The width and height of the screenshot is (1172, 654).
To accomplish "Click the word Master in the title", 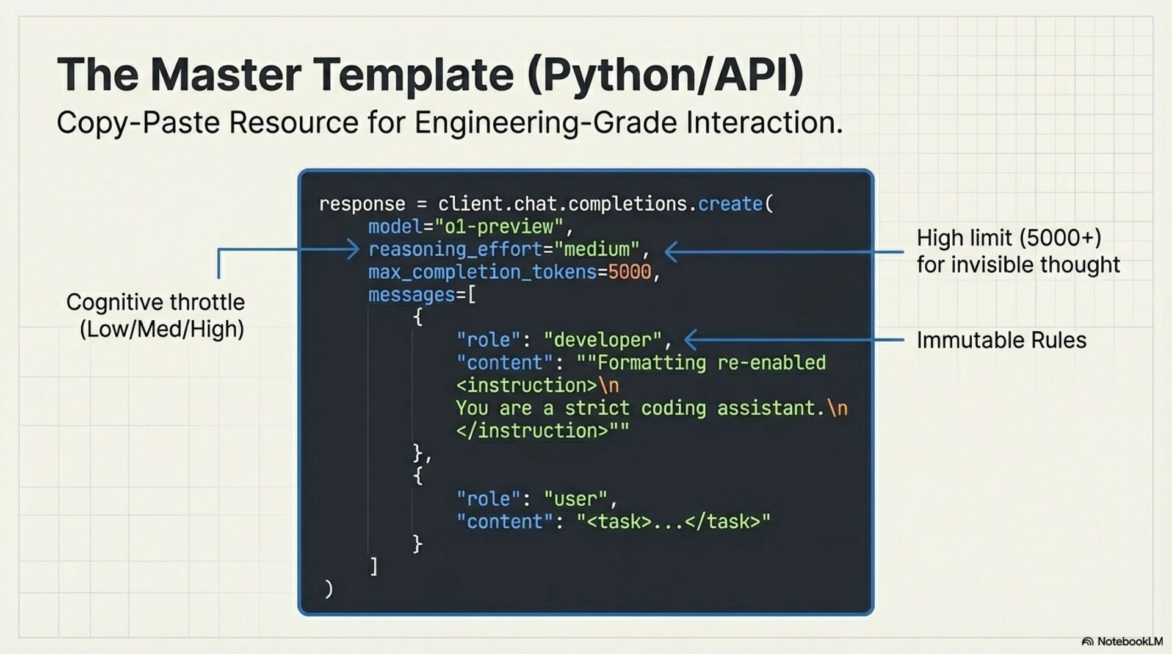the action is click(x=225, y=74).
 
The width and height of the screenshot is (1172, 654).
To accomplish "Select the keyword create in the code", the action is click(x=730, y=204).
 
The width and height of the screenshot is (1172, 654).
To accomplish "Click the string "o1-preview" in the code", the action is click(x=499, y=227).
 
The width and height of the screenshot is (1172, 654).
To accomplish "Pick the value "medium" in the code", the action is click(x=596, y=250).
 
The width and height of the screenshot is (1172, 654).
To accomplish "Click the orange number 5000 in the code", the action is click(x=629, y=272).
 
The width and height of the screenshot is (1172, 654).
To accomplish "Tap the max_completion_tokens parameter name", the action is click(x=482, y=272).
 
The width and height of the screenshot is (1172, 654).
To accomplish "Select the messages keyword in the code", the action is click(x=412, y=295).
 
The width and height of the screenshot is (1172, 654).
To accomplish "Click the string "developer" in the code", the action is click(x=602, y=340).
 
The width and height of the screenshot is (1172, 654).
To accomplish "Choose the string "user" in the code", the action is click(x=575, y=499).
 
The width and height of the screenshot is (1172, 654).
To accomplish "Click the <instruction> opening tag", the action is click(x=526, y=386).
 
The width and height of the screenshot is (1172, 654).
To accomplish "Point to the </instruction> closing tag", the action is click(x=532, y=431).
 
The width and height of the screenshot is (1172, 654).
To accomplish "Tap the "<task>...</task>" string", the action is click(x=673, y=522).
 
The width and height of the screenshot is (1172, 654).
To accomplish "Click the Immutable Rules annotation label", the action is click(x=1001, y=340).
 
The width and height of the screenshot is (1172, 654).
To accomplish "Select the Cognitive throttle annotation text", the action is click(x=156, y=303).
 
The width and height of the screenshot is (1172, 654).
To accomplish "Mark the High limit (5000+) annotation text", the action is click(x=1008, y=238).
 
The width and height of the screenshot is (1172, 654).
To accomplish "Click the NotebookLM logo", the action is click(x=1122, y=641).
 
